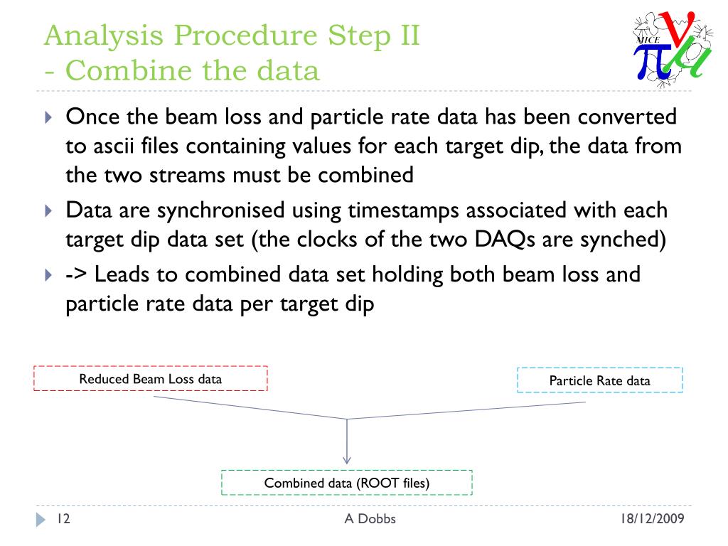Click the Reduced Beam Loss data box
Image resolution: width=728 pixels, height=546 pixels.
pyautogui.click(x=150, y=379)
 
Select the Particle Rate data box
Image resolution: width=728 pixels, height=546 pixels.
pyautogui.click(x=599, y=380)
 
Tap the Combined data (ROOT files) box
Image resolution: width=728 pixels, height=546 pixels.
pyautogui.click(x=347, y=483)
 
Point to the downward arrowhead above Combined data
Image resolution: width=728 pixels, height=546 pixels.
pyautogui.click(x=347, y=459)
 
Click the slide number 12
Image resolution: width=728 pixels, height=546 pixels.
pyautogui.click(x=63, y=519)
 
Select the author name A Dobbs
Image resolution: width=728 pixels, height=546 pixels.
pyautogui.click(x=370, y=519)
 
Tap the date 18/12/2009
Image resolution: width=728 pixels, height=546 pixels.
pyautogui.click(x=652, y=519)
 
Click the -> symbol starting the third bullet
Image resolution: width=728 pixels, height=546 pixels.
pyautogui.click(x=76, y=274)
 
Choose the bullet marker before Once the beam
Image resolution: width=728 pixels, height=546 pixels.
pyautogui.click(x=48, y=117)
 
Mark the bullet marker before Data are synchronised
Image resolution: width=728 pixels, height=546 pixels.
pyautogui.click(x=48, y=210)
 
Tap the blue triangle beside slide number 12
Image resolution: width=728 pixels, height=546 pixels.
pyautogui.click(x=40, y=520)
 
